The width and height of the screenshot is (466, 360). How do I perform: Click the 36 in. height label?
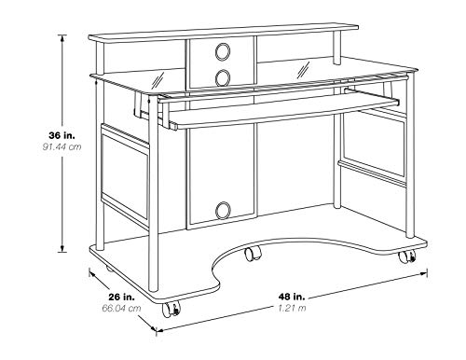[x=62, y=135]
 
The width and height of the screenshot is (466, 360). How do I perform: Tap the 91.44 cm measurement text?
[x=62, y=146]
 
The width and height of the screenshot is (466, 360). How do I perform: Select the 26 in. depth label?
[x=121, y=297]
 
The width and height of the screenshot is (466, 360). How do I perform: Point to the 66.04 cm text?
[x=121, y=309]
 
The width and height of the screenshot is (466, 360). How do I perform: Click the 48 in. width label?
[x=292, y=297]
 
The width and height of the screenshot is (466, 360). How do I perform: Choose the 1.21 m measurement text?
[x=292, y=308]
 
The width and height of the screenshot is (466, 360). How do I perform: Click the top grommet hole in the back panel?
[x=223, y=51]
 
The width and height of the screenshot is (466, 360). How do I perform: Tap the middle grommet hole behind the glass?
[x=223, y=77]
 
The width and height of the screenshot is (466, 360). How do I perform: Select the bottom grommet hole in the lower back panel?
[x=223, y=210]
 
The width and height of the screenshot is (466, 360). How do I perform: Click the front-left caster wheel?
[x=171, y=310]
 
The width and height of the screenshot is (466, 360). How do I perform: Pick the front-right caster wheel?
[x=407, y=256]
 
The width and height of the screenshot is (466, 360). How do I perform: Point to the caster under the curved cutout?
[x=254, y=253]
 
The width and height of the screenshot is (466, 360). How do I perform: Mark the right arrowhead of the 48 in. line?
[x=424, y=273]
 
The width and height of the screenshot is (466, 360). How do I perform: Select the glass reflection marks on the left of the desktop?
[x=158, y=80]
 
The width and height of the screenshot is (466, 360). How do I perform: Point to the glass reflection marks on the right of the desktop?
[x=304, y=70]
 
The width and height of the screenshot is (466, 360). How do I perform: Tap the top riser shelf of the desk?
[x=224, y=33]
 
